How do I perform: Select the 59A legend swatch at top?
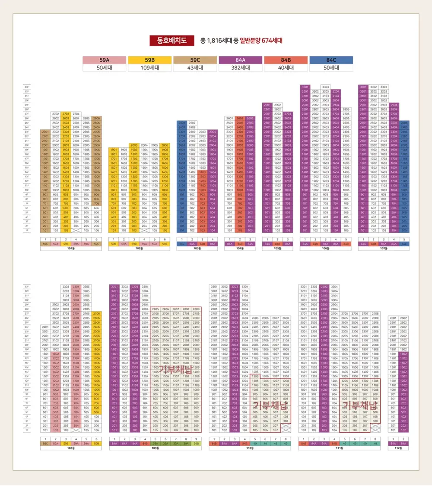pyautogui.click(x=104, y=60)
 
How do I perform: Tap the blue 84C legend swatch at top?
pyautogui.click(x=331, y=60)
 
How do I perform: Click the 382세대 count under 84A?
pyautogui.click(x=241, y=68)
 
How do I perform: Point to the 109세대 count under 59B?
pyautogui.click(x=150, y=68)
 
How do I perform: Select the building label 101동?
pyautogui.click(x=71, y=248)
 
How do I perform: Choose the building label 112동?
pyautogui.click(x=398, y=448)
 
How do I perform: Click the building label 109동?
pyautogui.click(x=154, y=448)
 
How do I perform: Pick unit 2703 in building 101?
pyautogui.click(x=66, y=114)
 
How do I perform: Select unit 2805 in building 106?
pyautogui.click(x=346, y=109)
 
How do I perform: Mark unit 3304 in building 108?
pyautogui.click(x=76, y=286)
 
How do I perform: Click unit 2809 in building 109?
pyautogui.click(x=197, y=309)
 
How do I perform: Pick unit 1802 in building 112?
pyautogui.click(x=403, y=354)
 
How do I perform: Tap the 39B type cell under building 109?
pyautogui.click(x=197, y=443)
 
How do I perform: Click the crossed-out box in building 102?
pyautogui.click(x=144, y=231)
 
